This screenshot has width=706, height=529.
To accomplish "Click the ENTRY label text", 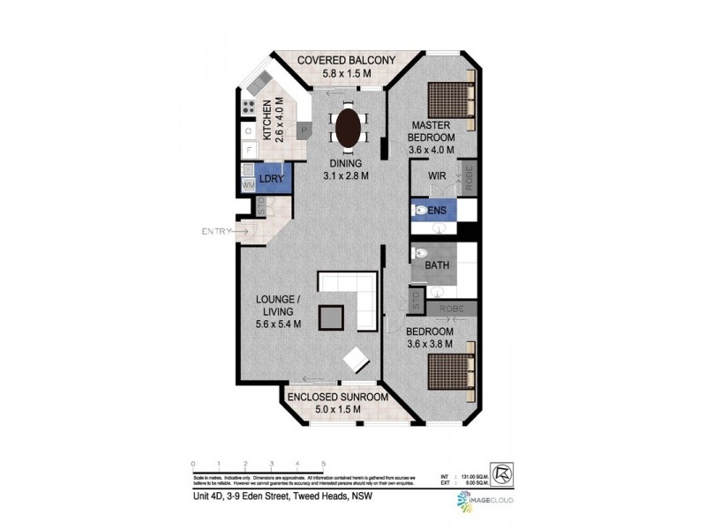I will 216,232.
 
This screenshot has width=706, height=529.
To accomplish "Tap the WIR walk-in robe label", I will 436,176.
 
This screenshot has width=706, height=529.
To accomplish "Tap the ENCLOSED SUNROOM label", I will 338,397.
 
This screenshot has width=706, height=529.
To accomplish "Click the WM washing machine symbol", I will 247,186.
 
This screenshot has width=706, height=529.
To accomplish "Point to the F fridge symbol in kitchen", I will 248,151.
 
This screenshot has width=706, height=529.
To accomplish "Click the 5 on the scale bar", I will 324,463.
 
